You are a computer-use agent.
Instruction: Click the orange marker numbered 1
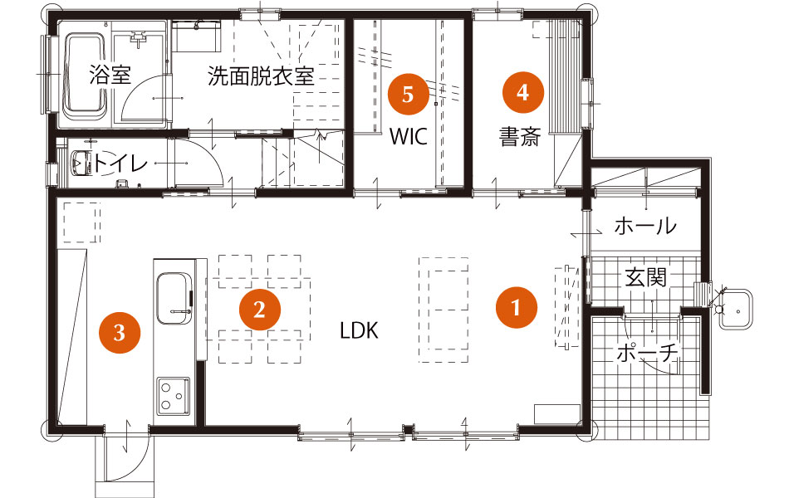pos(517,307)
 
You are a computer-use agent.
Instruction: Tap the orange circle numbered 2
pos(260,310)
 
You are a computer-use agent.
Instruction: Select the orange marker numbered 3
pos(120,332)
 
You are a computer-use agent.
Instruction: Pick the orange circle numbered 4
pos(523,93)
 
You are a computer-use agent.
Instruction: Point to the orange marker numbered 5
pos(408,94)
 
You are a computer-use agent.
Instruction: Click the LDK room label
pos(359,331)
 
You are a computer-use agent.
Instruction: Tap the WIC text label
pos(409,136)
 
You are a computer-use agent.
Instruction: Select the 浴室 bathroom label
pos(110,75)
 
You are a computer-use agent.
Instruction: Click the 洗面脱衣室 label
pos(261,76)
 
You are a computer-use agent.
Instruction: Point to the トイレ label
pos(120,164)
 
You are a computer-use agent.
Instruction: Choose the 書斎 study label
pos(520,136)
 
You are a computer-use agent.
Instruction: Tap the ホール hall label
pos(645,227)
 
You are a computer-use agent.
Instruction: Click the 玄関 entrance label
pos(645,277)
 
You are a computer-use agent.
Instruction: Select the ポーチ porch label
pos(648,354)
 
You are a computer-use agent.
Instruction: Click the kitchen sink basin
pos(174,299)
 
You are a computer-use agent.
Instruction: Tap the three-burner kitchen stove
pos(174,396)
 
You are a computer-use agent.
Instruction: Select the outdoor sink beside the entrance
pos(735,309)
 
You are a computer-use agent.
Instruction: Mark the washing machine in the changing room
pos(196,36)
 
